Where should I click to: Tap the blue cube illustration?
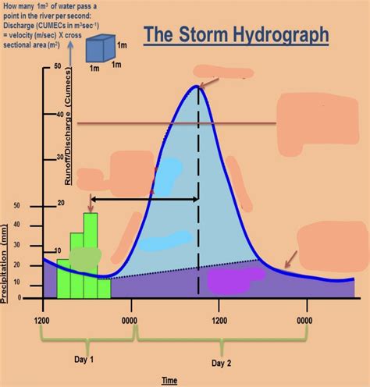99,48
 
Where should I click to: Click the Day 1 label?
84,359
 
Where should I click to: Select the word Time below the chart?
169,380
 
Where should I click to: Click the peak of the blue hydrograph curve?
197,86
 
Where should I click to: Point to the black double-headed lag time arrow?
144,200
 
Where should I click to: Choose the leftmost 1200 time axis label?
42,320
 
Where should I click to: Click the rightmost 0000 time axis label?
310,320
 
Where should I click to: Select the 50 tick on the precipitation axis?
18,206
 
